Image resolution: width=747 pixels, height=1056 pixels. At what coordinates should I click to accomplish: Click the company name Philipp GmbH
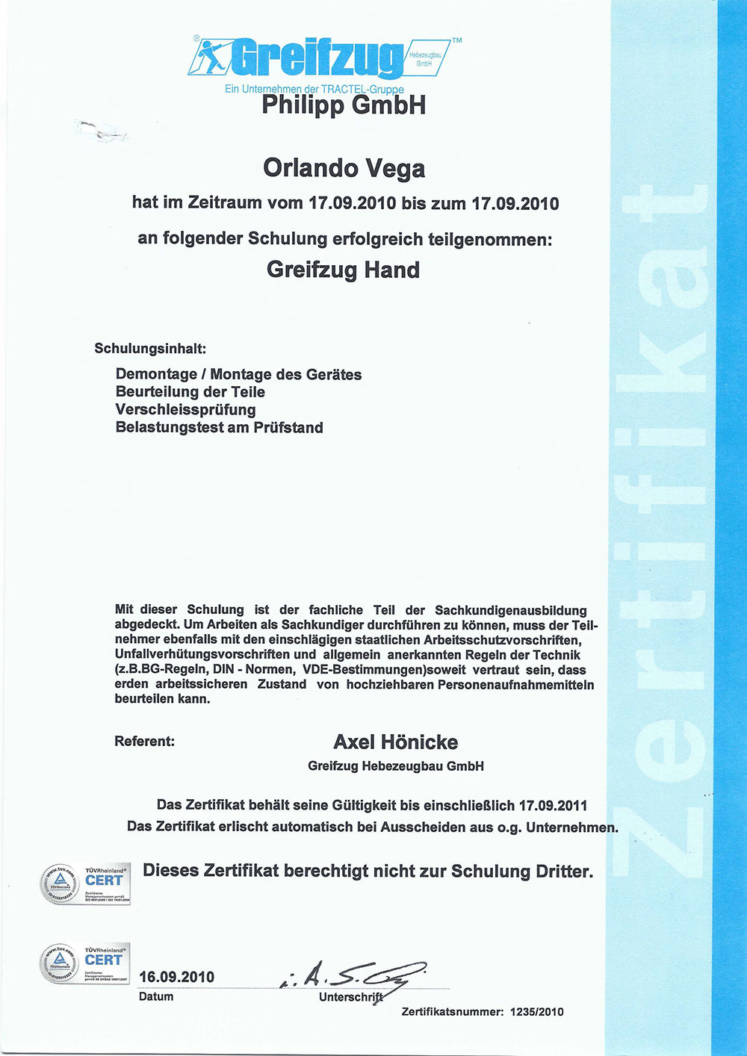pyautogui.click(x=344, y=105)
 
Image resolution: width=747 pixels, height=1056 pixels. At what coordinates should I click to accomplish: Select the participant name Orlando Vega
pyautogui.click(x=344, y=168)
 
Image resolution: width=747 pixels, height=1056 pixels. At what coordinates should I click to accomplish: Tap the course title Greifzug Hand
pyautogui.click(x=343, y=270)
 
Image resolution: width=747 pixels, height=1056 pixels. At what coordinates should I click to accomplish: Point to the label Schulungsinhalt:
pyautogui.click(x=150, y=349)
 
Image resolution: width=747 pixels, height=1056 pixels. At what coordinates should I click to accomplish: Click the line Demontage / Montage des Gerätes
pyautogui.click(x=238, y=374)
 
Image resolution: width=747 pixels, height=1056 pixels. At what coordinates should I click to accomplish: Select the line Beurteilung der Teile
pyautogui.click(x=190, y=392)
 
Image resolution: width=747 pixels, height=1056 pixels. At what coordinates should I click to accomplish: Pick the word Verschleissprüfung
pyautogui.click(x=185, y=410)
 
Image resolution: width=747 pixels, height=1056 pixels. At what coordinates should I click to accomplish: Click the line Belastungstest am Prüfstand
pyautogui.click(x=219, y=428)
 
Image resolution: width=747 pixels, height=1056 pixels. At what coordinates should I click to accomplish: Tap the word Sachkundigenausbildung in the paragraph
pyautogui.click(x=511, y=610)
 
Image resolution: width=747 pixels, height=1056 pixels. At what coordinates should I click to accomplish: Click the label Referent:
pyautogui.click(x=144, y=742)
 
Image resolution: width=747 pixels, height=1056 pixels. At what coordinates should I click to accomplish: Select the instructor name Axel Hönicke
pyautogui.click(x=395, y=742)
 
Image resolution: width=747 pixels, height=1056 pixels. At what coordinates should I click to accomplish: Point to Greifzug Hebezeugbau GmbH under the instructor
pyautogui.click(x=395, y=766)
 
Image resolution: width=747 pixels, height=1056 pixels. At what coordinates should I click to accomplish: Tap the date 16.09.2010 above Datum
pyautogui.click(x=176, y=977)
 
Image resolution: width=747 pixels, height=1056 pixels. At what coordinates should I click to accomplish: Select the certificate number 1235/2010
pyautogui.click(x=536, y=1012)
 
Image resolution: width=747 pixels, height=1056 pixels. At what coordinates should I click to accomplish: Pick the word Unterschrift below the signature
pyautogui.click(x=350, y=997)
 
